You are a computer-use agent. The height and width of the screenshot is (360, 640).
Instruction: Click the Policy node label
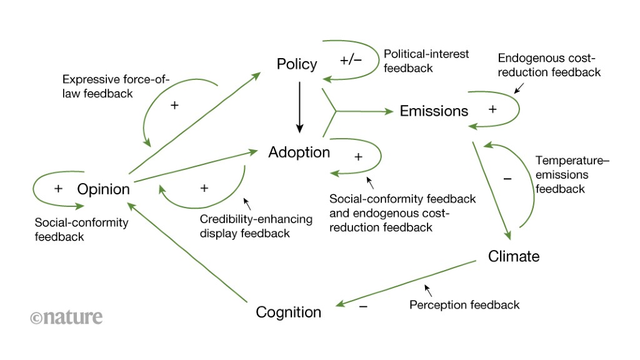click(x=297, y=64)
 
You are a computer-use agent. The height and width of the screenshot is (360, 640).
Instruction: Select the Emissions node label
click(x=434, y=111)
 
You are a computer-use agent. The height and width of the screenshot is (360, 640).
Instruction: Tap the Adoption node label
click(x=299, y=152)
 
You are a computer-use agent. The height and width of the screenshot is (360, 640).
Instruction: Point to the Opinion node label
click(x=103, y=189)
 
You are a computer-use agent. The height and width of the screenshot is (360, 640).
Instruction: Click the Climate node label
click(x=513, y=256)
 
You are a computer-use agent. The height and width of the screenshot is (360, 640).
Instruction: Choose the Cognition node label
click(x=288, y=312)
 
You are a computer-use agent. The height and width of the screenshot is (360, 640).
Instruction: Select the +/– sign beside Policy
click(x=351, y=61)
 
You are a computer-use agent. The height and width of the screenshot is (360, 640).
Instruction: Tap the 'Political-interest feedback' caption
click(x=426, y=61)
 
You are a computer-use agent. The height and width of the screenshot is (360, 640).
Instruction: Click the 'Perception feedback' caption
click(x=464, y=305)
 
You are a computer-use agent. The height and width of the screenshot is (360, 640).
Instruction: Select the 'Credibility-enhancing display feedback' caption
click(x=247, y=226)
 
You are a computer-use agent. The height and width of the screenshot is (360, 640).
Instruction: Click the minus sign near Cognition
click(x=363, y=306)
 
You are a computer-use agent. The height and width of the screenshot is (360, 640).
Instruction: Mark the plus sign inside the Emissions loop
click(x=492, y=109)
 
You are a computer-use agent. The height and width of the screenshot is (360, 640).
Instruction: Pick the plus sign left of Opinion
click(x=58, y=189)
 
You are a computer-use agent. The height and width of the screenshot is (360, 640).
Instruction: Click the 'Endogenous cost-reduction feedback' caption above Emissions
click(x=549, y=65)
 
